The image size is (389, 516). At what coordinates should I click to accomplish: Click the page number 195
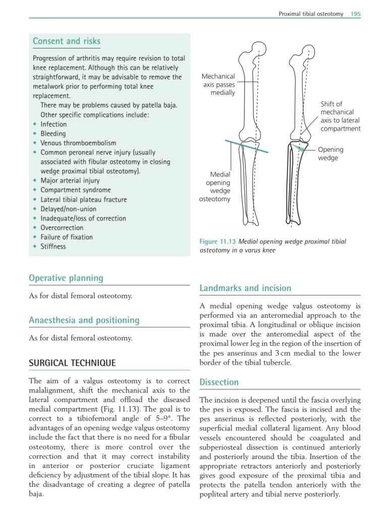coord(356,14)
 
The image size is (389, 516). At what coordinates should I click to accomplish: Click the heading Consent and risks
coord(66,41)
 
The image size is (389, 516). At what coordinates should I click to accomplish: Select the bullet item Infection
coord(53,124)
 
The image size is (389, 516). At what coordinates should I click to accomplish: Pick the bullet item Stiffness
coord(53,247)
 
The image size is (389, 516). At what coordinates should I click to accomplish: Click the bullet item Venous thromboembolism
coord(78,143)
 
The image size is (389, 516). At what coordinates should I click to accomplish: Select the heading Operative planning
coord(66,278)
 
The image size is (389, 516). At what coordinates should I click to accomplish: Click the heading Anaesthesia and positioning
coord(84,320)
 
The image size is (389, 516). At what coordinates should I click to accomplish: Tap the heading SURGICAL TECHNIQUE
coord(72,363)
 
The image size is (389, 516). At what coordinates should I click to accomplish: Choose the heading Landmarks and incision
coord(245,288)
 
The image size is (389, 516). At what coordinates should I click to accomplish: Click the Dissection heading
coord(219,382)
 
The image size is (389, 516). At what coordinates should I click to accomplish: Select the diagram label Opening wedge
coord(330,154)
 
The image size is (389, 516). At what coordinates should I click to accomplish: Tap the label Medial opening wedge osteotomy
coord(215,187)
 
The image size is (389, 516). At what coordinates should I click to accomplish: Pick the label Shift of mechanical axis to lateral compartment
coord(341,117)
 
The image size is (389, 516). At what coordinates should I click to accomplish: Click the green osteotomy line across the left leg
coord(247,147)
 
